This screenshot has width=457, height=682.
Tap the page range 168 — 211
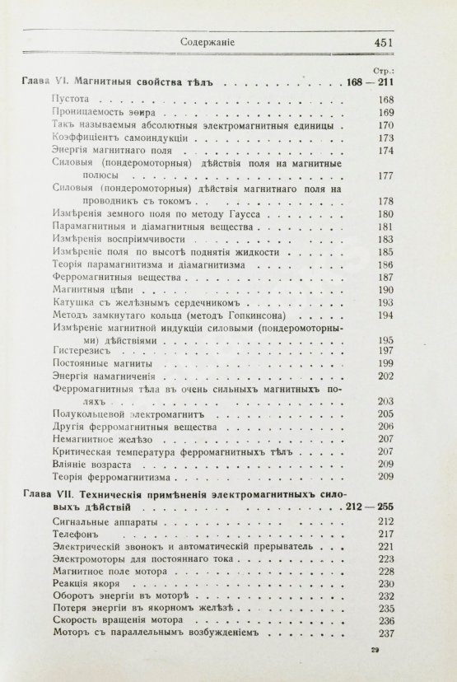383,82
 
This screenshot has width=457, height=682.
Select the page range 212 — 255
383,507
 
